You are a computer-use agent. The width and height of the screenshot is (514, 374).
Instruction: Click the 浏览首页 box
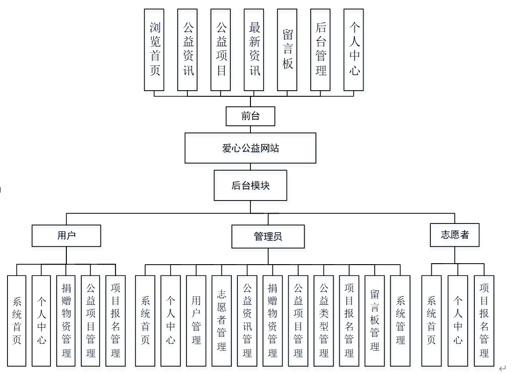(x=154, y=49)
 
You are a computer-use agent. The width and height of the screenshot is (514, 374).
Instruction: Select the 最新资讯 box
(x=254, y=49)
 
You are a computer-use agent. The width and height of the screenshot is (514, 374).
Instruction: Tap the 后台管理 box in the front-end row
(x=321, y=49)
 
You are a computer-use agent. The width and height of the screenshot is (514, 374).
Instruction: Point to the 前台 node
(x=250, y=116)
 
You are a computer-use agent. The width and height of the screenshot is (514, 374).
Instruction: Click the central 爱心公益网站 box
(x=250, y=148)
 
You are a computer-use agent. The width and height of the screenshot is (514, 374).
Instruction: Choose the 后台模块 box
(x=250, y=185)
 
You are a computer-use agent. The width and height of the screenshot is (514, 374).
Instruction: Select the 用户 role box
(x=66, y=236)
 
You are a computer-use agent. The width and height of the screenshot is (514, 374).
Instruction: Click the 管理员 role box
(x=268, y=237)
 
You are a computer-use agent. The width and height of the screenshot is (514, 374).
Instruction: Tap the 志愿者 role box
(x=455, y=235)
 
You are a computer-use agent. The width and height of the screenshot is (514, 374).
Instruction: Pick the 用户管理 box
(x=196, y=320)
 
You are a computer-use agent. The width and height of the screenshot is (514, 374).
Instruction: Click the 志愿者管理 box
(x=222, y=320)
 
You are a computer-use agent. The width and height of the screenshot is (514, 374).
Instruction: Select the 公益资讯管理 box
(x=247, y=320)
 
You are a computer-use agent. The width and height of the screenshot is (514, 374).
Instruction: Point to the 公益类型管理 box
(x=324, y=320)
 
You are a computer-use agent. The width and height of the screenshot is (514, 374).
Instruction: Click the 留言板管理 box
(x=375, y=320)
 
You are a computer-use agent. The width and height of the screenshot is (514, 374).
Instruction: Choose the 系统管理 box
(x=400, y=320)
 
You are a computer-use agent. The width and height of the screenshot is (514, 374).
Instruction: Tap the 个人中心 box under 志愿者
(x=458, y=320)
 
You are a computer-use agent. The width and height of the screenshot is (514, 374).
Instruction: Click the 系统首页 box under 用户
(x=17, y=320)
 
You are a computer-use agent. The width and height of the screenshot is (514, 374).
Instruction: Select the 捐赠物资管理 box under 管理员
(x=273, y=320)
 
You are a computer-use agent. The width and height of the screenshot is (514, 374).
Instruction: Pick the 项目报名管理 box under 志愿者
(x=484, y=320)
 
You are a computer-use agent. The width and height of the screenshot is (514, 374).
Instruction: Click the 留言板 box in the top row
(x=287, y=49)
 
